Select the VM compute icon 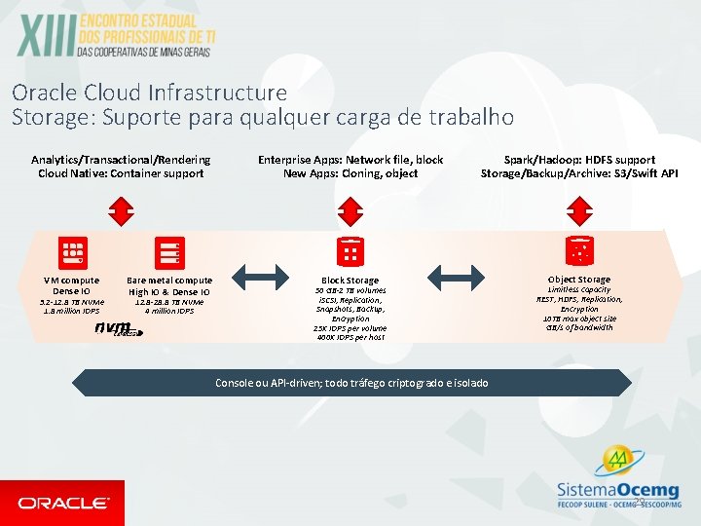point(73,251)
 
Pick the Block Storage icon point(350,251)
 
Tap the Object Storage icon point(579,251)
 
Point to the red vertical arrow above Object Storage point(579,209)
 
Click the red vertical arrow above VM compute point(121,209)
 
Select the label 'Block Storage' point(350,281)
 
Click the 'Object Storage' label point(579,280)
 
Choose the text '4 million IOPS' point(169,312)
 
